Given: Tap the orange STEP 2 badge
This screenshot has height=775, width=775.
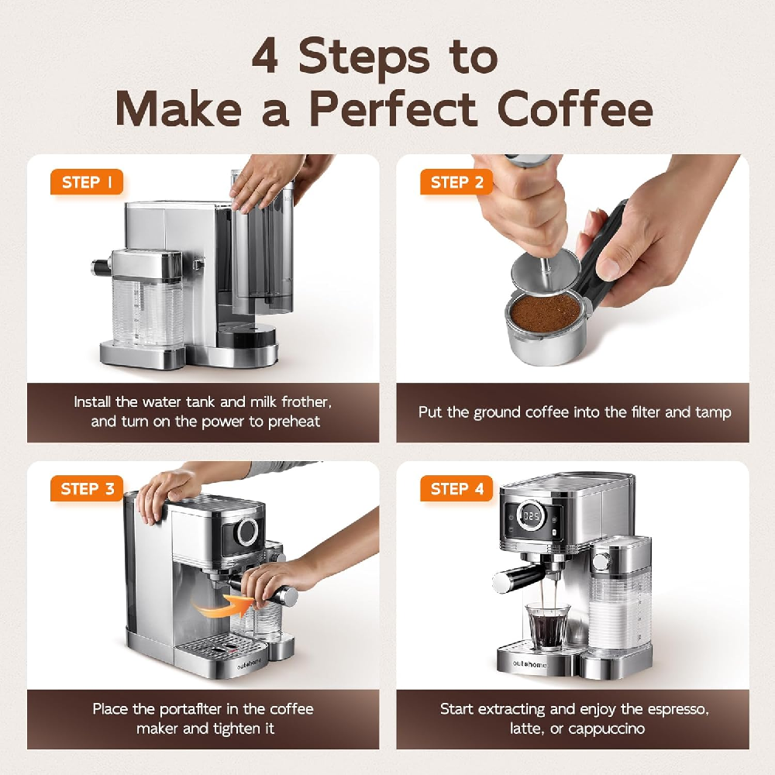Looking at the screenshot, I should click(x=456, y=183).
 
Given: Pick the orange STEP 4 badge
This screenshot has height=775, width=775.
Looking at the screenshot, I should click(x=456, y=489).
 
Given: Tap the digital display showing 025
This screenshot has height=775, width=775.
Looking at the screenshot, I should click(x=531, y=515).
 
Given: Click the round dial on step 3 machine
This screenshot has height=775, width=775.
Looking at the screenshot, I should click(x=248, y=531).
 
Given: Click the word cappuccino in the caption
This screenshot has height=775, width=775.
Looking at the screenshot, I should click(x=618, y=728).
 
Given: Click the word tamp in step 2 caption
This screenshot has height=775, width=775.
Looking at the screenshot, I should click(x=713, y=412).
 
